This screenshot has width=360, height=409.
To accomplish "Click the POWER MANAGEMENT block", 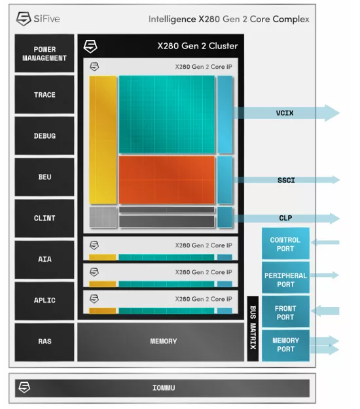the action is pyautogui.click(x=45, y=53).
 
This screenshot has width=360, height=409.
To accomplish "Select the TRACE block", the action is pyautogui.click(x=45, y=94).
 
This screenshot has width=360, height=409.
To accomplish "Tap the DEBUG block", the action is pyautogui.click(x=45, y=135).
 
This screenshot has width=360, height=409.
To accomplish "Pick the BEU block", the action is pyautogui.click(x=45, y=177).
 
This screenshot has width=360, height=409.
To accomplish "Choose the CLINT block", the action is pyautogui.click(x=45, y=218).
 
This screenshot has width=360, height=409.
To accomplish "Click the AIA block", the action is pyautogui.click(x=45, y=259).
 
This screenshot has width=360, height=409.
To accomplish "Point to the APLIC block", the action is pyautogui.click(x=45, y=300).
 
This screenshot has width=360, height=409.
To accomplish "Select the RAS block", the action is pyautogui.click(x=45, y=342).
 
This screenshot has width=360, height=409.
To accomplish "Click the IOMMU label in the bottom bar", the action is pyautogui.click(x=164, y=388).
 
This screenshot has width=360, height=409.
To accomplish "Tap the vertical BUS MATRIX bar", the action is pyautogui.click(x=253, y=329).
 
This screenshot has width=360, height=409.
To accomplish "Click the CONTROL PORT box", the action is pyautogui.click(x=285, y=243).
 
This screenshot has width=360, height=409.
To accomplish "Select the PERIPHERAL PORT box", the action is pyautogui.click(x=285, y=277).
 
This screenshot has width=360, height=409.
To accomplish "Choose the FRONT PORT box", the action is pyautogui.click(x=285, y=311).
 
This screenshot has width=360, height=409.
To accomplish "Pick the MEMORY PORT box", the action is pyautogui.click(x=285, y=346).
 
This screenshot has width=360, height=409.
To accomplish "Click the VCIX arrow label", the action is pyautogui.click(x=285, y=113).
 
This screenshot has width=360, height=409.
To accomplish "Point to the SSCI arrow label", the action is pyautogui.click(x=286, y=180).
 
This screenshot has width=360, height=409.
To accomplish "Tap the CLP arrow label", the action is pyautogui.click(x=285, y=218).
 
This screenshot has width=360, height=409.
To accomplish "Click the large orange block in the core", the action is pyautogui.click(x=167, y=180).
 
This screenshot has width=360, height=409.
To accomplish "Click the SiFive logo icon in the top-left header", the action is pyautogui.click(x=24, y=19).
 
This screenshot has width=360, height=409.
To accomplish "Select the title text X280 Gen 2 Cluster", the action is pyautogui.click(x=198, y=46).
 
